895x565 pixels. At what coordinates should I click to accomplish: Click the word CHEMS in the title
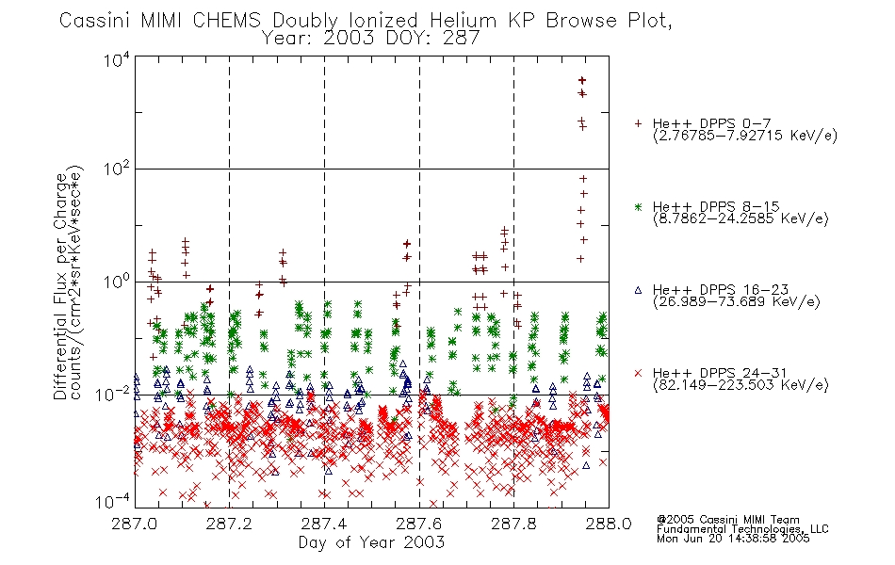[x=227, y=21]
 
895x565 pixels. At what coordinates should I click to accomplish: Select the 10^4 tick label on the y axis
[x=117, y=59]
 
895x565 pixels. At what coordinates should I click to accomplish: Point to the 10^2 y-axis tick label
[x=117, y=169]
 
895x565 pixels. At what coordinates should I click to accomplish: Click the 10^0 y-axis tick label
[x=117, y=282]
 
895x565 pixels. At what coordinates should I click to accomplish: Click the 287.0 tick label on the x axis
[x=135, y=524]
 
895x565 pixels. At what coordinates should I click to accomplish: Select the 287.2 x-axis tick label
[x=229, y=524]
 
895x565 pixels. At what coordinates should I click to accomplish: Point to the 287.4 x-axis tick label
[x=324, y=524]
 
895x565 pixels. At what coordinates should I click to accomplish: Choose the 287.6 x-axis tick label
[x=419, y=524]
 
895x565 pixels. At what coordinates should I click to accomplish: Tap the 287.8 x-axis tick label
[x=513, y=524]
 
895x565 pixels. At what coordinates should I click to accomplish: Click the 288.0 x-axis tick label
[x=609, y=524]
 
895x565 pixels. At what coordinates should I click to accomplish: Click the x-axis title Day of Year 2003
[x=371, y=542]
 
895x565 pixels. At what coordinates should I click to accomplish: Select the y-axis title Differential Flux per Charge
[x=60, y=286]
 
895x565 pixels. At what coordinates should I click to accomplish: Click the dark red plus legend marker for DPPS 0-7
[x=638, y=123]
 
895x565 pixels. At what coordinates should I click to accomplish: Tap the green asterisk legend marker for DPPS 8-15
[x=638, y=206]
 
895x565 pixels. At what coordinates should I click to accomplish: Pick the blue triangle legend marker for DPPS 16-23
[x=638, y=290]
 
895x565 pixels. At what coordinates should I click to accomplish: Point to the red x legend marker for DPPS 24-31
[x=638, y=373]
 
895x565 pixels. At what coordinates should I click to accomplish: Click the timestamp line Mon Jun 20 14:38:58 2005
[x=733, y=539]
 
